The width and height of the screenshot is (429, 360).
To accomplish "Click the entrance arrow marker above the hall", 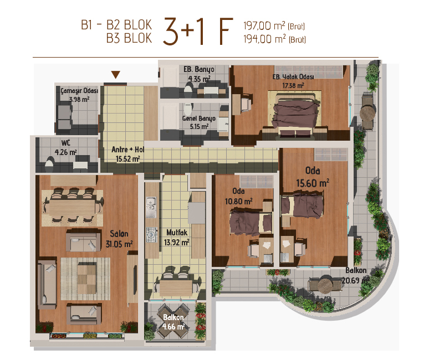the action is (116, 75).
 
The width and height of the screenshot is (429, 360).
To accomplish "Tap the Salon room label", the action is (119, 234).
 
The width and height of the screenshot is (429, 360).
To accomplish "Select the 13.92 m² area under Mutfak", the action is (176, 242).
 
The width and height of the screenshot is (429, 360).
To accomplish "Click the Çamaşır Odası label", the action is (79, 90).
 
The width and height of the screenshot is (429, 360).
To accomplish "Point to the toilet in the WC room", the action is (49, 164).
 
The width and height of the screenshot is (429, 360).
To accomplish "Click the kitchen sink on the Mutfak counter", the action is (151, 207).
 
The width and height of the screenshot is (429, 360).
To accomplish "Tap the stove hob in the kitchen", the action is (151, 235).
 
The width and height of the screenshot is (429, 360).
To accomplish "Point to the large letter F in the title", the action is (226, 31).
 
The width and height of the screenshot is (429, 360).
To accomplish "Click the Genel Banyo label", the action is (199, 119).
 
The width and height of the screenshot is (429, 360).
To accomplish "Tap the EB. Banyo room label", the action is (199, 69).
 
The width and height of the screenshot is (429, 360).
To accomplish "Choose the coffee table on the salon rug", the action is (86, 278).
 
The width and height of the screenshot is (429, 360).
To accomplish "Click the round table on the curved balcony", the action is (325, 286).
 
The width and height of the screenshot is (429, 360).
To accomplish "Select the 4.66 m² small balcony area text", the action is (173, 326).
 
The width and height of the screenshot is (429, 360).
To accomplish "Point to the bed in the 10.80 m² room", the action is (251, 222).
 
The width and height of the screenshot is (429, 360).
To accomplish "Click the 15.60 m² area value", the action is (313, 183).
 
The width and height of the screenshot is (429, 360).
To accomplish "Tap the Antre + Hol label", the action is (128, 150).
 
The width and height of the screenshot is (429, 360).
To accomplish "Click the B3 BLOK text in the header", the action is (129, 38).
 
